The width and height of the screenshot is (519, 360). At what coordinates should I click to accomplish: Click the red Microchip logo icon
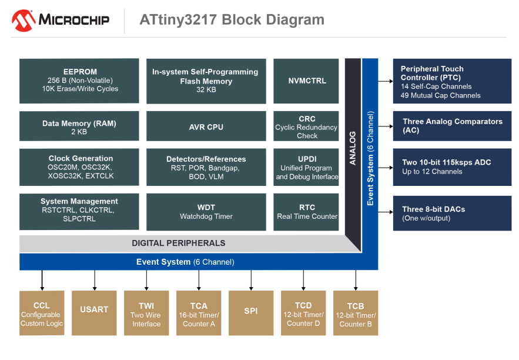pos(24,21)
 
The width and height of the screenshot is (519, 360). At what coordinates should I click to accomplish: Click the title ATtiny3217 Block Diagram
pos(232,19)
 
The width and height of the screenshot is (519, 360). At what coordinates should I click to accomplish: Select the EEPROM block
pos(79,81)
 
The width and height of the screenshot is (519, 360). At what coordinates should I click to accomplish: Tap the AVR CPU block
pos(206,126)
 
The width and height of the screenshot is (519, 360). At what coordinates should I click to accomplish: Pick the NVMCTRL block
pos(306,81)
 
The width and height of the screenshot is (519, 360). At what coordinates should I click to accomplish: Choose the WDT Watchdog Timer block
pos(206,212)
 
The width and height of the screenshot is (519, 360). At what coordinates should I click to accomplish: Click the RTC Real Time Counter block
pos(306,212)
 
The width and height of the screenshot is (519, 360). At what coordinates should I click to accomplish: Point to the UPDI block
pos(306,167)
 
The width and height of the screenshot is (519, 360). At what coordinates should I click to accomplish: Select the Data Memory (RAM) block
pos(79,126)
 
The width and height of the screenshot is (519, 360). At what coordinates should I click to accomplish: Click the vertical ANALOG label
pos(353,148)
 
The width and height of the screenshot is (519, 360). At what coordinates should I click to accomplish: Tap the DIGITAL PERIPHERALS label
pos(179,243)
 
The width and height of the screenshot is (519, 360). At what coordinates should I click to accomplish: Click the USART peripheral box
pos(94,313)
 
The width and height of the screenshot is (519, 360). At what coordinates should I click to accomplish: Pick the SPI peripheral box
pos(251,313)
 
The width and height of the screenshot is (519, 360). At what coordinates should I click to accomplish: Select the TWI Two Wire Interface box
pos(146,313)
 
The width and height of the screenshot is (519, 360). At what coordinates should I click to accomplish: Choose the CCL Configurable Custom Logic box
pos(42,313)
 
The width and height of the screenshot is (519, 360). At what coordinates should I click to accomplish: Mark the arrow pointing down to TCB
pos(356,280)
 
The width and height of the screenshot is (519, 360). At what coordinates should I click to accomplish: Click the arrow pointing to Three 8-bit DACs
pos(386,212)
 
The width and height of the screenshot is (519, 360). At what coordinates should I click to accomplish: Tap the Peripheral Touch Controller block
pos(452,81)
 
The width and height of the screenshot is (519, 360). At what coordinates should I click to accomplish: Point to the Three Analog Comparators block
pos(452,126)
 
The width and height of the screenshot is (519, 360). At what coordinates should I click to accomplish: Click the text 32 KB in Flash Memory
pos(206,90)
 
